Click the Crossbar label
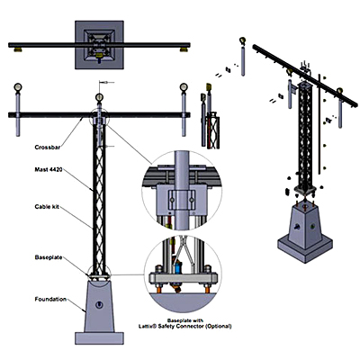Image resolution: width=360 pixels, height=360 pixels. pyautogui.click(x=48, y=148)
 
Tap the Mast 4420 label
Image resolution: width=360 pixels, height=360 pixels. pyautogui.click(x=49, y=170)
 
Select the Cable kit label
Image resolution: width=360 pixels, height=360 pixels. pyautogui.click(x=47, y=207)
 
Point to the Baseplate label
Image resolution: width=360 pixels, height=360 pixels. pyautogui.click(x=49, y=257)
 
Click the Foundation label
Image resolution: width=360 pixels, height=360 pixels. pyautogui.click(x=50, y=299)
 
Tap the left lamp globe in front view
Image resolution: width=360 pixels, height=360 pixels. pyautogui.click(x=18, y=87)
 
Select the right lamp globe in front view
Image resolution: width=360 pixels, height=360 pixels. pyautogui.click(x=184, y=87)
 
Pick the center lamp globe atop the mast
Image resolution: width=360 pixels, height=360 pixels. pyautogui.click(x=99, y=97)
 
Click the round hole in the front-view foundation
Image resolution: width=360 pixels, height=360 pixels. pyautogui.click(x=99, y=305)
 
